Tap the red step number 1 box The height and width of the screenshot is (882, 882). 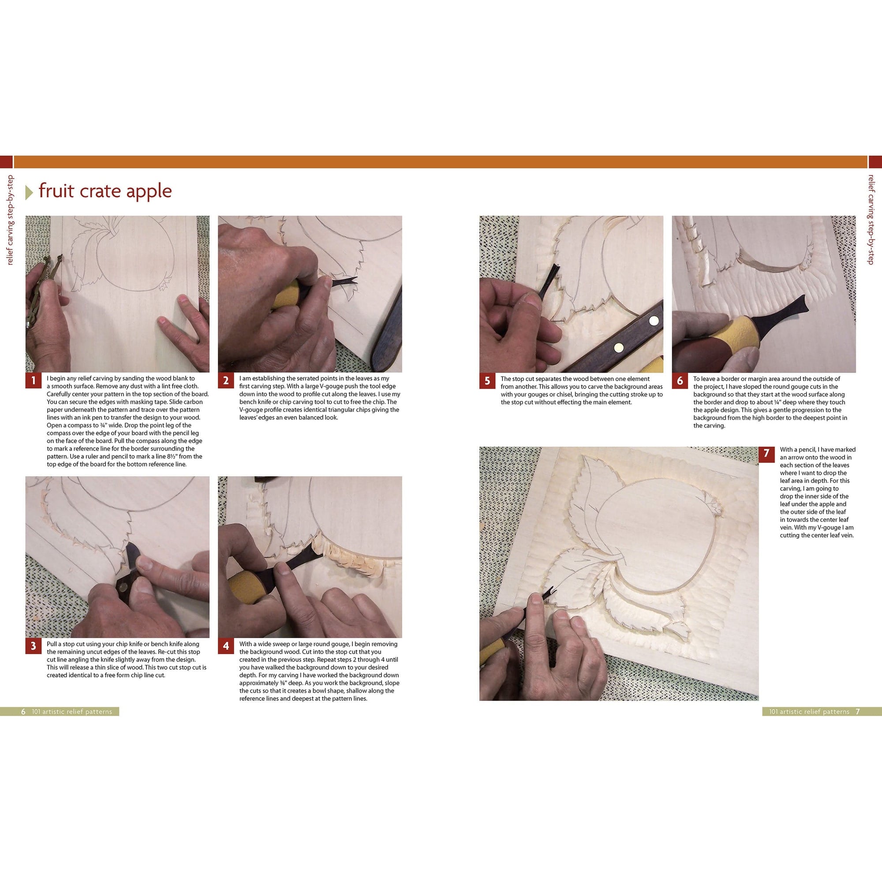[x=34, y=380]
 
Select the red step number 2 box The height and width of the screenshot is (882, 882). [x=226, y=380]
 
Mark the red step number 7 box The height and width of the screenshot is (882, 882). [x=766, y=453]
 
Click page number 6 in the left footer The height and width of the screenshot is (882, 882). [x=23, y=712]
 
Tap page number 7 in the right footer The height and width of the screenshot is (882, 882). [x=858, y=712]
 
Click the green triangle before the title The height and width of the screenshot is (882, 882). [x=29, y=193]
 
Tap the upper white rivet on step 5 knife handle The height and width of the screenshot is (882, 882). [x=654, y=321]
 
